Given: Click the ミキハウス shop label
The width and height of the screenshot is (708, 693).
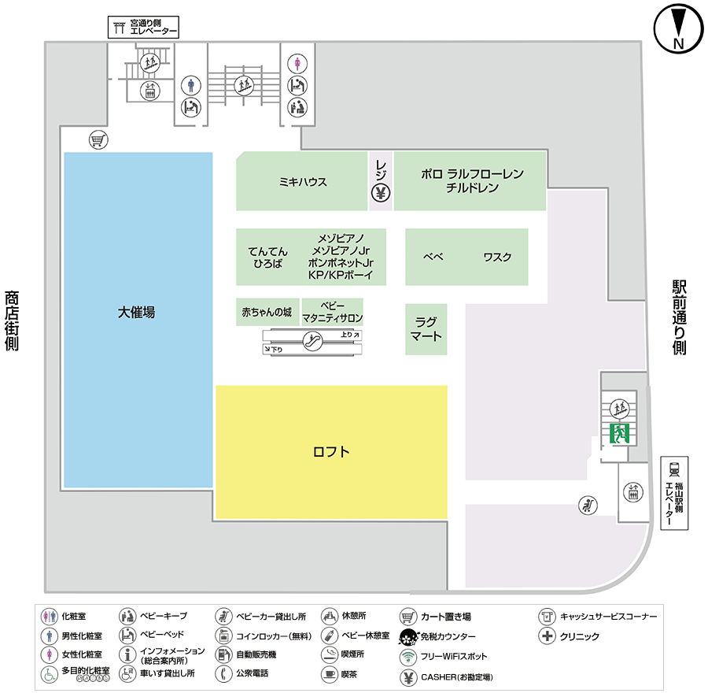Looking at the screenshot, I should pos(303,182).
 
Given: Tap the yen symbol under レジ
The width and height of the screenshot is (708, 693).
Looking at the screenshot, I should pos(381,192).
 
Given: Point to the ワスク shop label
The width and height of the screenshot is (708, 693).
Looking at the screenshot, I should pos(497,257).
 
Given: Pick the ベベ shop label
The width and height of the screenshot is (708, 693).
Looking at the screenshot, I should pos(433,257).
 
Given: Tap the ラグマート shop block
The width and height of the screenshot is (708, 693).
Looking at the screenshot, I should pos(426,329).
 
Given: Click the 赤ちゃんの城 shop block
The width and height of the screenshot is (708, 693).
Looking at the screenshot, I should pos(267,312).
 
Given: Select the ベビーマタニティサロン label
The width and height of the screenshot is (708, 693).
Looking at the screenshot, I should pos(332,312).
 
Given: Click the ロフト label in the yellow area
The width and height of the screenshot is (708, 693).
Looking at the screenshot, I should pos(331,452).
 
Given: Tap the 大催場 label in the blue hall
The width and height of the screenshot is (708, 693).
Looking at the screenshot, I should pos(137,312).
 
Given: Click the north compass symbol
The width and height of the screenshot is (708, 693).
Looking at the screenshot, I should pos(677,30).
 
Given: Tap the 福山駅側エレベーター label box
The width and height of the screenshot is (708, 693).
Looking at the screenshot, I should pos(674,494).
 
